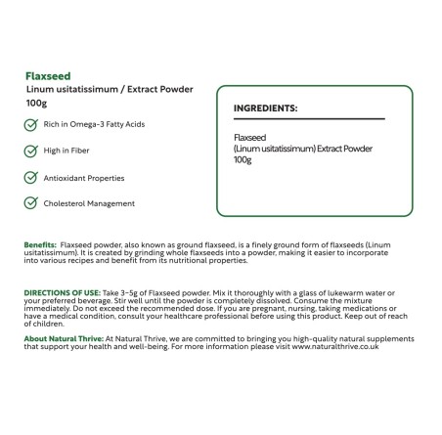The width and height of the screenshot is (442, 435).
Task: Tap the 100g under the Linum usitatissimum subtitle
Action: [37, 104]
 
